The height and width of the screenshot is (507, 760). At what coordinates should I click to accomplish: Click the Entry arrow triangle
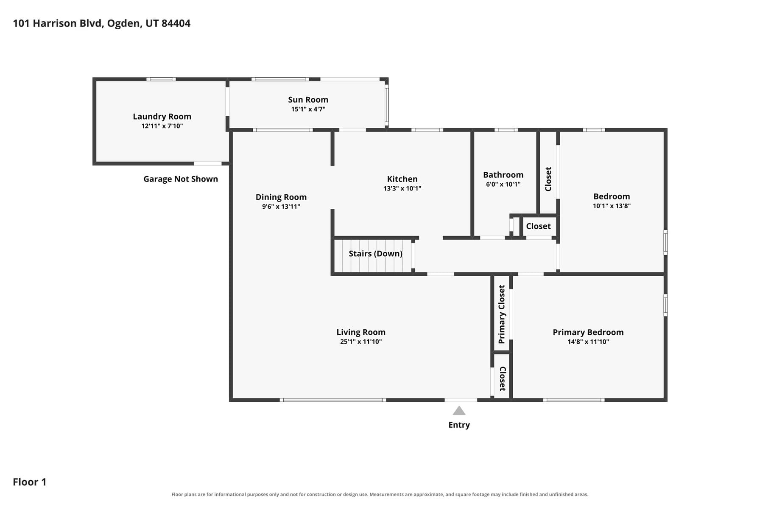pyautogui.click(x=459, y=411)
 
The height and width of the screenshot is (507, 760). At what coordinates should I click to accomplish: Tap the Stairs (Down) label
pyautogui.click(x=375, y=254)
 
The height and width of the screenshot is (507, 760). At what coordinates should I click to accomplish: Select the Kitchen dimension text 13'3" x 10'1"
pyautogui.click(x=402, y=188)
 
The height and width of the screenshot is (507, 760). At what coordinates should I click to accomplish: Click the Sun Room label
pyautogui.click(x=308, y=100)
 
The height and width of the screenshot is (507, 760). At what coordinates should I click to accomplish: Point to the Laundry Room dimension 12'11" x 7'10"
pyautogui.click(x=162, y=126)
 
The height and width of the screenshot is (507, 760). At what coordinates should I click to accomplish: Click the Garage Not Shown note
pyautogui.click(x=181, y=179)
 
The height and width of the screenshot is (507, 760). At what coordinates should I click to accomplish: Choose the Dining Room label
pyautogui.click(x=281, y=197)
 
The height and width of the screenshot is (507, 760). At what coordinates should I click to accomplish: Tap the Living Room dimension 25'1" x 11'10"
pyautogui.click(x=361, y=342)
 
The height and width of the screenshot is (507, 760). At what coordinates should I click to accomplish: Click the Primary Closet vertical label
pyautogui.click(x=502, y=314)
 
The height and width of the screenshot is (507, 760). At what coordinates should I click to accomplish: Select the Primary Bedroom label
pyautogui.click(x=588, y=332)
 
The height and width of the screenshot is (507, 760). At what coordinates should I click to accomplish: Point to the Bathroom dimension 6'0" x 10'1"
pyautogui.click(x=503, y=184)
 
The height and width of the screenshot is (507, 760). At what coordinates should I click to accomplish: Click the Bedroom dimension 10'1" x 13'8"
pyautogui.click(x=612, y=206)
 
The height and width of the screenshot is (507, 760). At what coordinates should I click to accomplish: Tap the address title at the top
pyautogui.click(x=102, y=23)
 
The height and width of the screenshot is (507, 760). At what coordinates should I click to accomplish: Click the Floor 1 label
pyautogui.click(x=30, y=482)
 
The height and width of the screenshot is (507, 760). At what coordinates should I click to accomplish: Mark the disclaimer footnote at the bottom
pyautogui.click(x=380, y=494)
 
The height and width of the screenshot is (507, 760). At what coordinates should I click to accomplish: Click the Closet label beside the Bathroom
pyautogui.click(x=538, y=226)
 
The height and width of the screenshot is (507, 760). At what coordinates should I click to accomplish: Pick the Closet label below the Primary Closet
pyautogui.click(x=502, y=379)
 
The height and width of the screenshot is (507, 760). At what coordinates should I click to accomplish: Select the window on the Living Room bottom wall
pyautogui.click(x=333, y=400)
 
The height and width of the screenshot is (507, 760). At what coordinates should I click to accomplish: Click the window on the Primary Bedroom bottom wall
pyautogui.click(x=574, y=400)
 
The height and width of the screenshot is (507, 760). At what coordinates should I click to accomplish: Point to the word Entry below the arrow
pyautogui.click(x=459, y=425)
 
